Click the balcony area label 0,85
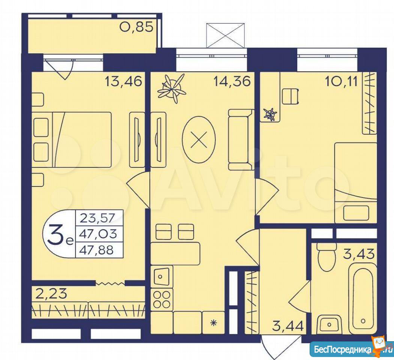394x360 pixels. (x=136, y=27)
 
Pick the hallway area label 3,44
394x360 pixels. (x=288, y=326)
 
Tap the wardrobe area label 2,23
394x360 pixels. (x=51, y=293)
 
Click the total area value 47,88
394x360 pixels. (x=96, y=250)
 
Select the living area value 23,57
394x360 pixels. (x=97, y=218)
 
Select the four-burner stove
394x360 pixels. (x=162, y=300)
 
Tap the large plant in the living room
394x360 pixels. (x=172, y=89)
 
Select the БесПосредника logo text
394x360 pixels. (x=343, y=349)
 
